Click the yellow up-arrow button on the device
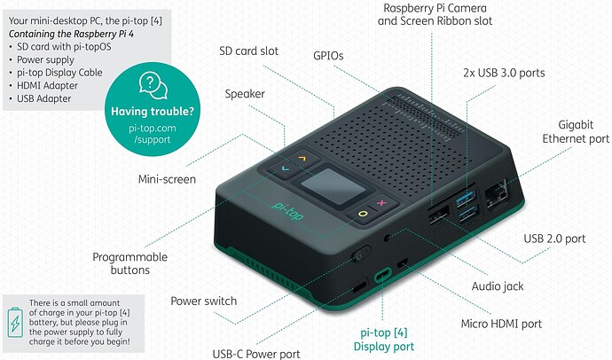pos(302,158)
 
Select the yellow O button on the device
pos(363,214)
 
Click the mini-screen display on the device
pos(333,187)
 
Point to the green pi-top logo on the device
pos(287,211)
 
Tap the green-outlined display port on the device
pos(383,275)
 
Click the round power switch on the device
pos(360,254)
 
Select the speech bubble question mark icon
pos(153,85)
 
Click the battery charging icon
pos(15,323)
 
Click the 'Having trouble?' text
pos(153,112)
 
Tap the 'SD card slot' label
pos(248,51)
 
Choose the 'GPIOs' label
pos(328,56)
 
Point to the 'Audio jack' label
pos(498,286)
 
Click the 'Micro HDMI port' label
pos(501,324)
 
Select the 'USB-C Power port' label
pos(256,354)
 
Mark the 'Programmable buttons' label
pos(130,263)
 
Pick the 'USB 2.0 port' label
pos(554,239)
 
